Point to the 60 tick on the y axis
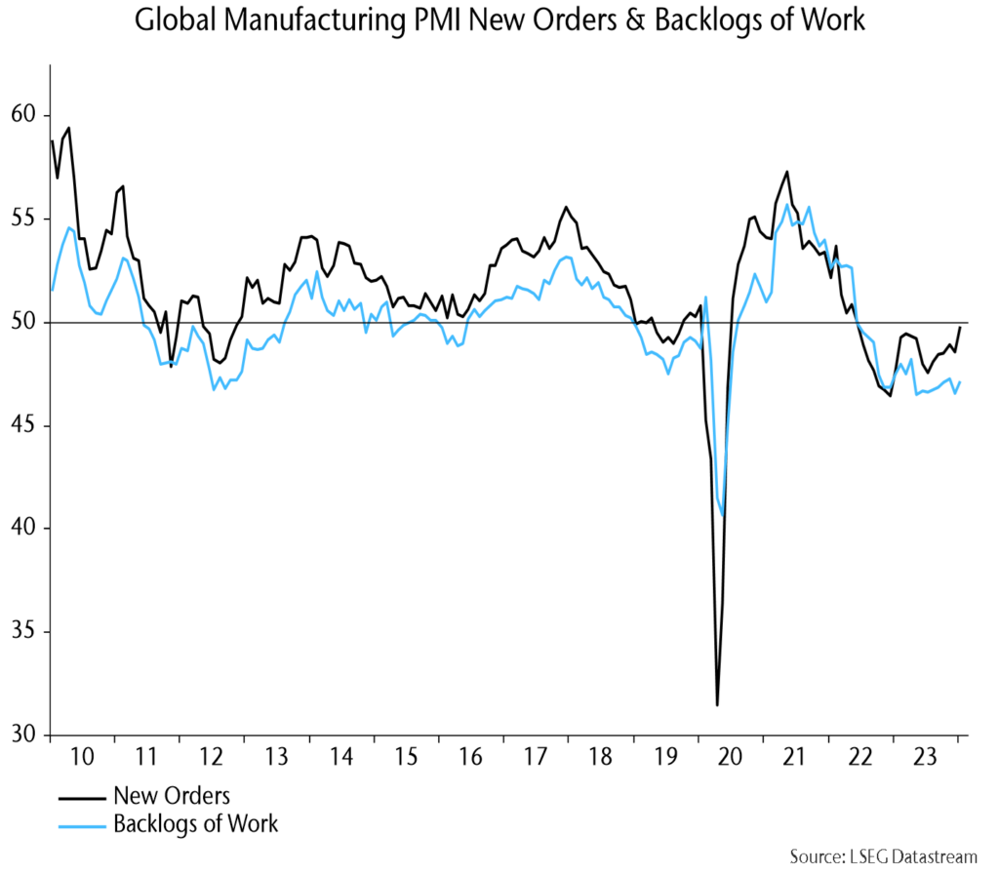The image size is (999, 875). (29, 115)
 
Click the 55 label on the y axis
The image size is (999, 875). (29, 219)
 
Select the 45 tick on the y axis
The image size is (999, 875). (29, 425)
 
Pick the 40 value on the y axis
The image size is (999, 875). (29, 528)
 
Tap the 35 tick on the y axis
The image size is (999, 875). (29, 631)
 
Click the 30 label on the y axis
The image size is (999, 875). (29, 735)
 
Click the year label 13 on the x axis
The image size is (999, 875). (276, 757)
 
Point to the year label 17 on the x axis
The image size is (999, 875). (535, 757)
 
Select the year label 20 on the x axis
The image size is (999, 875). (730, 757)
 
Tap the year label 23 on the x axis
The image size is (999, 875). (924, 757)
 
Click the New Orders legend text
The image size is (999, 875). (171, 795)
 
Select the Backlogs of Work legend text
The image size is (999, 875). (195, 824)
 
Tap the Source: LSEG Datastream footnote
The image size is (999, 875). (883, 857)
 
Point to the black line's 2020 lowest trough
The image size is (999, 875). (717, 704)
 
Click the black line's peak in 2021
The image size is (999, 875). (786, 172)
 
